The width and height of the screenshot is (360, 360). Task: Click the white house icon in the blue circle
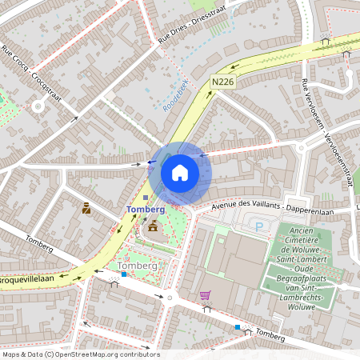point(180,172)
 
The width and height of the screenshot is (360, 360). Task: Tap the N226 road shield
point(223,82)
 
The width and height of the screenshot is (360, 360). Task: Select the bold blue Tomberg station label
point(146,209)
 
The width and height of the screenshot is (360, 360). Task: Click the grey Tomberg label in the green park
point(137,265)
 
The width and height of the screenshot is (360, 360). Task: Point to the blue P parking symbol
point(259,226)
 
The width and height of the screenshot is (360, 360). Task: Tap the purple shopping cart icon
point(205,295)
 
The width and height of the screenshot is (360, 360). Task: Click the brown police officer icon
point(86,208)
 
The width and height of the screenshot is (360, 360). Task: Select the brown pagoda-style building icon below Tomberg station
point(152,229)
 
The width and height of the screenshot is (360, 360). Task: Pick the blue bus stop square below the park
point(123,274)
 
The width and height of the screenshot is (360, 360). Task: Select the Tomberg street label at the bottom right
point(270,337)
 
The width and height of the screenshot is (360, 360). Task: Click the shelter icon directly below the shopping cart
point(206,308)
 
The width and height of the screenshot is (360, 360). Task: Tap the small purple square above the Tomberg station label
point(145,197)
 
